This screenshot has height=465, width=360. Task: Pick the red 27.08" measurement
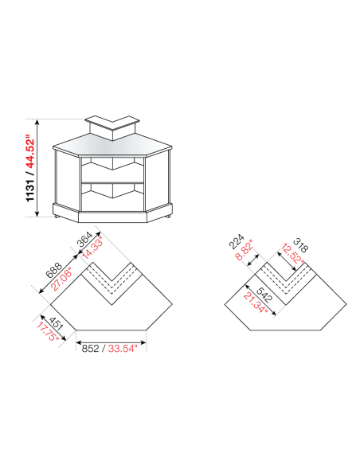61,281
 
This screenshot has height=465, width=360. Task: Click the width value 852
89,347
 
